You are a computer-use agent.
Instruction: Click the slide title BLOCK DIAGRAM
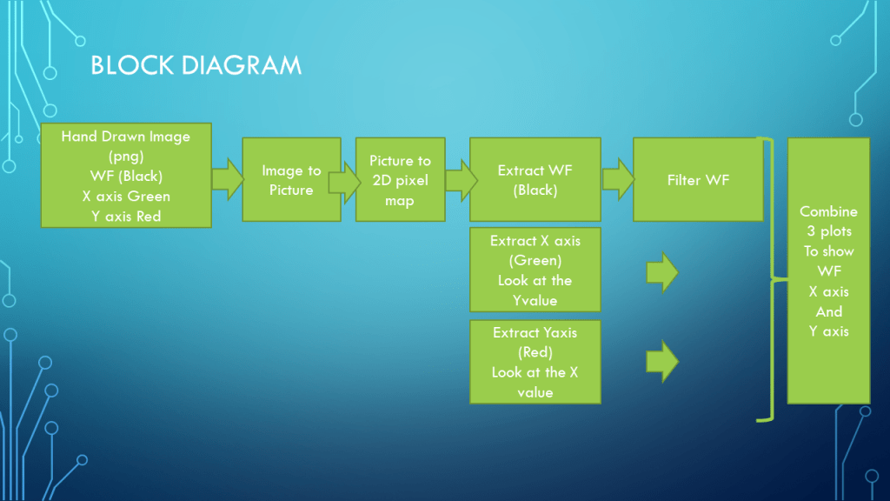196,65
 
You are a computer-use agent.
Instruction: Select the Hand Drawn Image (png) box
126,176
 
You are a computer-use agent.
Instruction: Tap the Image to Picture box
291,180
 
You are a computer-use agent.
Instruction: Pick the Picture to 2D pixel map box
400,180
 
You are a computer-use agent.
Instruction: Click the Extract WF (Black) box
535,180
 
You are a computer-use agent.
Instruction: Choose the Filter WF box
698,180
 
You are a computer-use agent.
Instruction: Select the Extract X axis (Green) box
535,270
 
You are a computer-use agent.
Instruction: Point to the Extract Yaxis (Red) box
535,362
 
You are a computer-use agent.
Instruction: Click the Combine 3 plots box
828,271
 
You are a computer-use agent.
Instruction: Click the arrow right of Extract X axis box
662,272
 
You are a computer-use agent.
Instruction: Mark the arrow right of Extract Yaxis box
662,361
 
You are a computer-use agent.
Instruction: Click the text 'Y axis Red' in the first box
126,216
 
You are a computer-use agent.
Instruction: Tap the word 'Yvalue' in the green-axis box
535,301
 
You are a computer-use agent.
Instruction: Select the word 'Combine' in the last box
828,211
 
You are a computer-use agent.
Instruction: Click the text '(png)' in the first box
126,157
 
